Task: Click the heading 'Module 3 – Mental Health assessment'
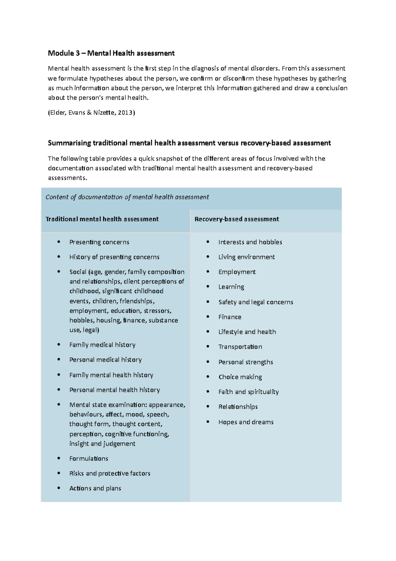click(x=111, y=53)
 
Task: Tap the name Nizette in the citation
click(x=104, y=113)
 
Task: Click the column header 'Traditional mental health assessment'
click(x=102, y=219)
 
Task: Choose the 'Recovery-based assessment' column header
click(x=237, y=219)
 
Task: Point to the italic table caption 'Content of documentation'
click(x=127, y=197)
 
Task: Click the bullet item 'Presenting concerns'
click(x=99, y=242)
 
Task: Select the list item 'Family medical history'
click(x=102, y=345)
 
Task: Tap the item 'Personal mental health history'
click(x=115, y=390)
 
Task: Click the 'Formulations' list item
click(x=88, y=459)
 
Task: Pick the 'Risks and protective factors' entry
click(x=110, y=473)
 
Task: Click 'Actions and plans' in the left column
click(x=95, y=488)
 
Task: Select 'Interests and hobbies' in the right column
click(x=250, y=242)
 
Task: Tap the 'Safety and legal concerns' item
click(x=255, y=302)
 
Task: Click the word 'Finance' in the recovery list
click(x=230, y=317)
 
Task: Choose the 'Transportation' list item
click(x=240, y=347)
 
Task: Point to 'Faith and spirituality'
click(x=248, y=392)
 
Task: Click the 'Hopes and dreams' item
click(x=246, y=422)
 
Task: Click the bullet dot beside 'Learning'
click(x=208, y=286)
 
